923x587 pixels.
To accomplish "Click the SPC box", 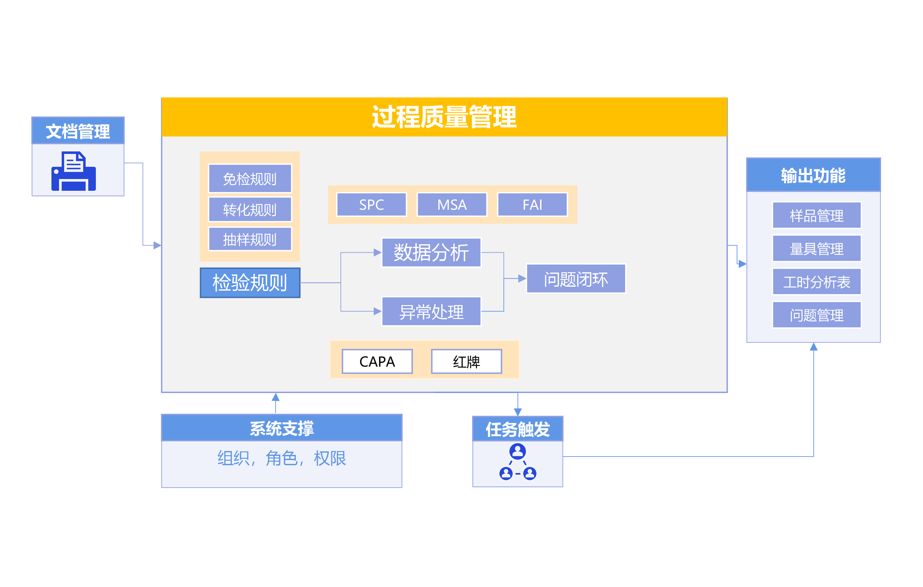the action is (371, 204).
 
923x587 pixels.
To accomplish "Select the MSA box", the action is (452, 204).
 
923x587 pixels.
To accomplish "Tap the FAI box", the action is (532, 204).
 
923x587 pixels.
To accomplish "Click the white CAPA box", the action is (377, 361).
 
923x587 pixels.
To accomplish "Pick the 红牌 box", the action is (466, 361).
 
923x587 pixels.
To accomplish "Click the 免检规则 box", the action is (250, 178).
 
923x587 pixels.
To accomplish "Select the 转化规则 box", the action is (250, 209).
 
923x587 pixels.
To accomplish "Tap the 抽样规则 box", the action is (250, 239).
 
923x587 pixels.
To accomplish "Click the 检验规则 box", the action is (250, 283).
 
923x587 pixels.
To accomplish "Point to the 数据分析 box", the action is (431, 252).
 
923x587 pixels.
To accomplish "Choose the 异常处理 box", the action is (431, 311).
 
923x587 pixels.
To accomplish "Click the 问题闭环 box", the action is (576, 279).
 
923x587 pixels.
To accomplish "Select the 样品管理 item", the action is (816, 215).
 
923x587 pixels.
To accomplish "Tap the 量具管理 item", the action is (816, 248).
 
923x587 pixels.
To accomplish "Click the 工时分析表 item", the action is (816, 282).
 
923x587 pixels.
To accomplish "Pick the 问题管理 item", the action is (816, 315).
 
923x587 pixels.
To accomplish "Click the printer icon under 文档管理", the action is (74, 171).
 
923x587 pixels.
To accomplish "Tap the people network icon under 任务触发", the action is (518, 462).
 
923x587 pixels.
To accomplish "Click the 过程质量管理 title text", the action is (444, 117).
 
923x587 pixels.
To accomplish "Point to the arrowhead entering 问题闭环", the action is (522, 279).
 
